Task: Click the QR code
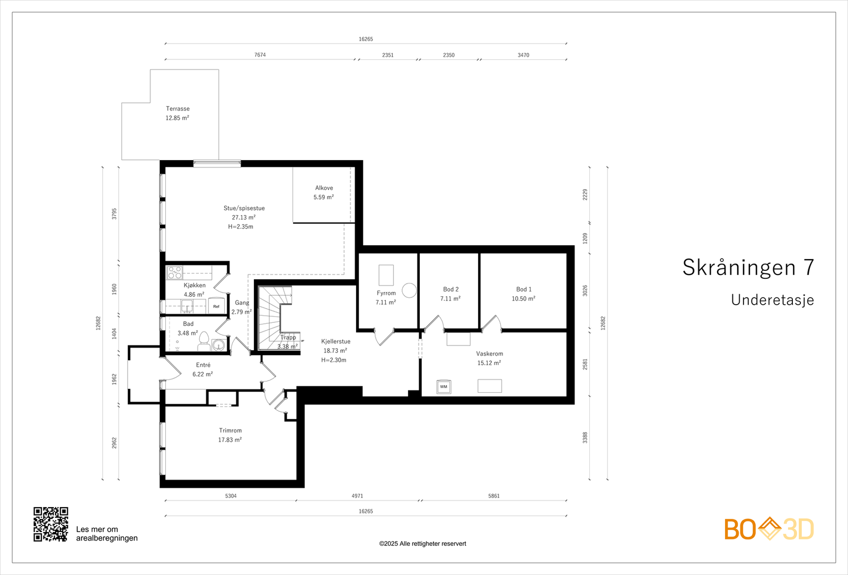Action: (x=51, y=524)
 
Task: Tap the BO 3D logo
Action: (x=769, y=529)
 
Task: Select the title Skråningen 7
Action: (x=748, y=267)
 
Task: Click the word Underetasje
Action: (x=772, y=300)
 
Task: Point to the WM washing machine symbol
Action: (x=444, y=386)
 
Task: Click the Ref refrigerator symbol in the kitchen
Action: (x=216, y=306)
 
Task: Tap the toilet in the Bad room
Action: (x=204, y=341)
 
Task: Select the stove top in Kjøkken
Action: (x=174, y=272)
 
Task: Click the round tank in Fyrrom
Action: (x=409, y=291)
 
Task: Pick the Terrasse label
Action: (x=178, y=109)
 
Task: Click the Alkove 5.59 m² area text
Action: (x=324, y=197)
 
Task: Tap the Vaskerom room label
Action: (x=490, y=353)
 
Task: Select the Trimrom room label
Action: (x=230, y=430)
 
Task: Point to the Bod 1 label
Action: (x=524, y=289)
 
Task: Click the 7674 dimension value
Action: (x=260, y=55)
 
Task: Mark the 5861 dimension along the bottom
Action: (x=494, y=496)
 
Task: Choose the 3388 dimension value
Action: (x=585, y=438)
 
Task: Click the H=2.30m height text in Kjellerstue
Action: (x=333, y=360)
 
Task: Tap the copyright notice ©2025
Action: (x=422, y=544)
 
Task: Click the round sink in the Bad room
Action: (x=218, y=345)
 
